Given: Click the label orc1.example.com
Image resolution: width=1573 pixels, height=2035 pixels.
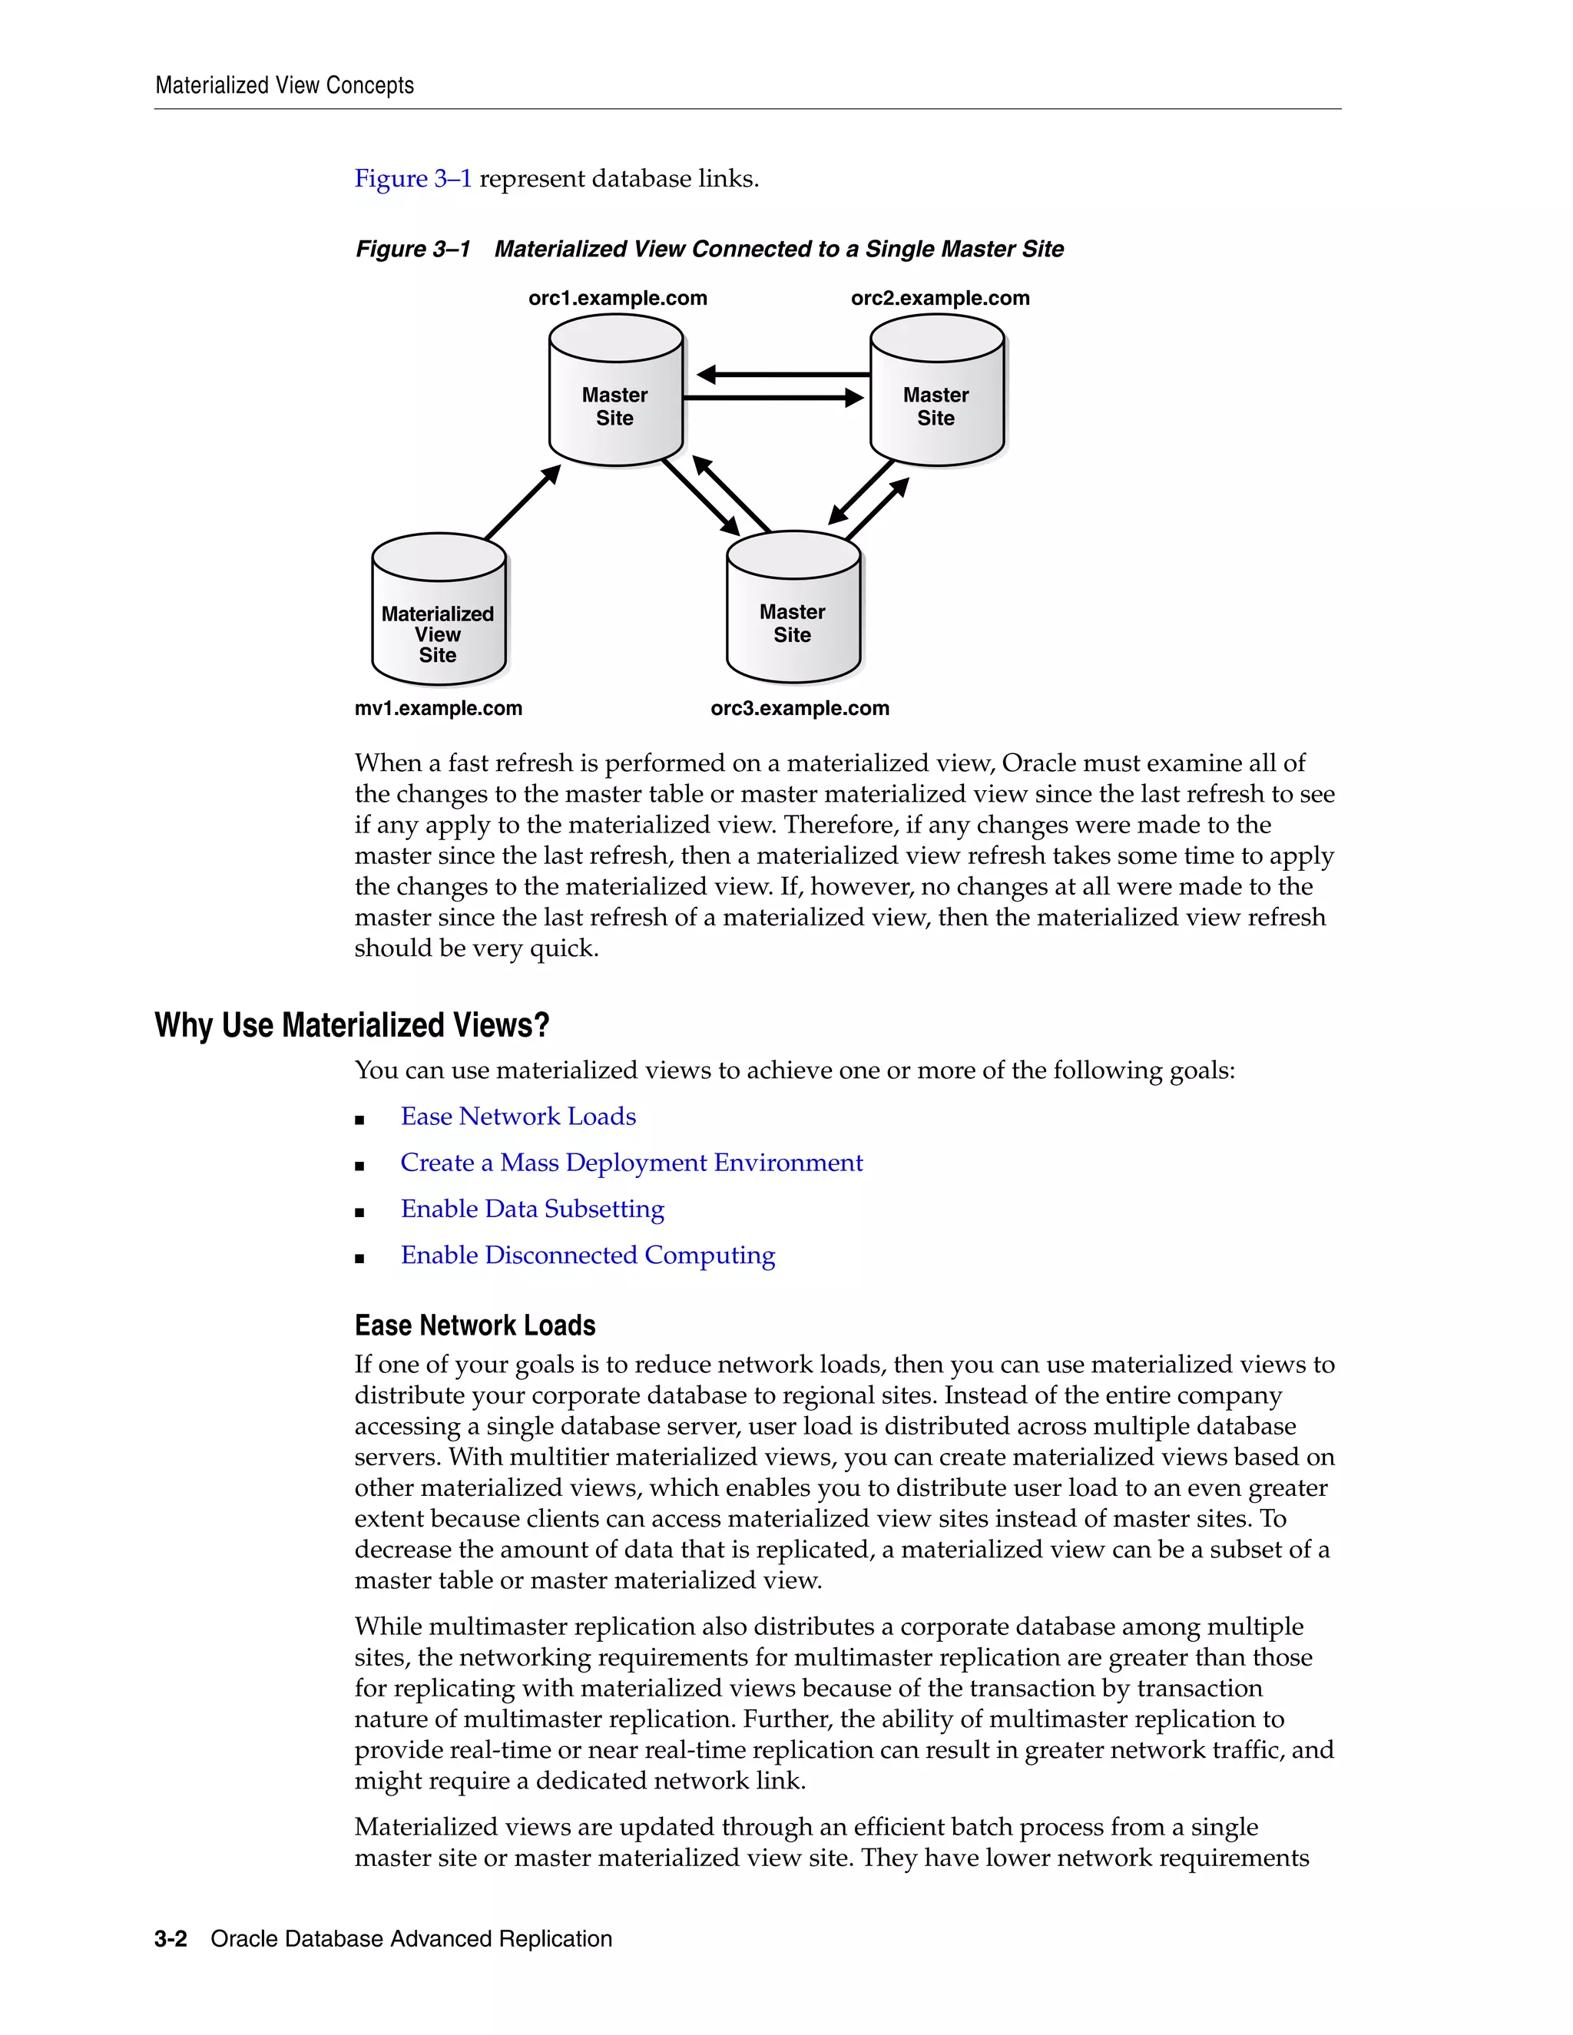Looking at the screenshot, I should [617, 298].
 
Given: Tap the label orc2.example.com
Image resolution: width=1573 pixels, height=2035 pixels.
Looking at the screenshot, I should [939, 298].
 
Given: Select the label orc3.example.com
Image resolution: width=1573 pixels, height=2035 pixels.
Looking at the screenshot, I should [800, 708].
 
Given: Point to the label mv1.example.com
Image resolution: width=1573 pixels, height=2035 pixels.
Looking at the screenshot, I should [438, 708].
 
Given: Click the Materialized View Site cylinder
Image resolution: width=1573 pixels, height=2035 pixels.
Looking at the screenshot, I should [438, 615].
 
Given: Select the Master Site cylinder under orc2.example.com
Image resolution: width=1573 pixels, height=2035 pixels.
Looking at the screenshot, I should [936, 396].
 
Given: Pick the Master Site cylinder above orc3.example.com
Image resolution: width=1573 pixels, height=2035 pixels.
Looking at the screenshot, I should [793, 610].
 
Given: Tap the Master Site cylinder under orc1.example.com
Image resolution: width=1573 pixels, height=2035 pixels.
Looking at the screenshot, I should [615, 396].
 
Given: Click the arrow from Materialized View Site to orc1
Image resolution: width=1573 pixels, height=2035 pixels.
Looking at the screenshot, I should [522, 502].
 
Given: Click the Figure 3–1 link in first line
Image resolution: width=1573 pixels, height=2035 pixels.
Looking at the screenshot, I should [412, 179].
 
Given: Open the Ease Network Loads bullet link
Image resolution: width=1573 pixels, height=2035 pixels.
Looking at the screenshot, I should [518, 1117].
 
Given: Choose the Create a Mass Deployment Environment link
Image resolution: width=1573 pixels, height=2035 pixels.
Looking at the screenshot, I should [631, 1163].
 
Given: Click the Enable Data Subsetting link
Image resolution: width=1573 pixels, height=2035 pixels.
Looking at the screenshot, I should [532, 1209].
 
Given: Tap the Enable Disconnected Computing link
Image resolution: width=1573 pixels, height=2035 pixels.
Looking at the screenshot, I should [587, 1255].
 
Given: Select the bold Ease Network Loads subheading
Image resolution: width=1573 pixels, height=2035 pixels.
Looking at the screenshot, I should [475, 1325].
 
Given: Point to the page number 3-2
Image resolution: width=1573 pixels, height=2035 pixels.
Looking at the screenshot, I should [171, 1939].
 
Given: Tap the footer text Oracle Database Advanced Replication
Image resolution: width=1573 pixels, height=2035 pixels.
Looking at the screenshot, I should [411, 1939].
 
